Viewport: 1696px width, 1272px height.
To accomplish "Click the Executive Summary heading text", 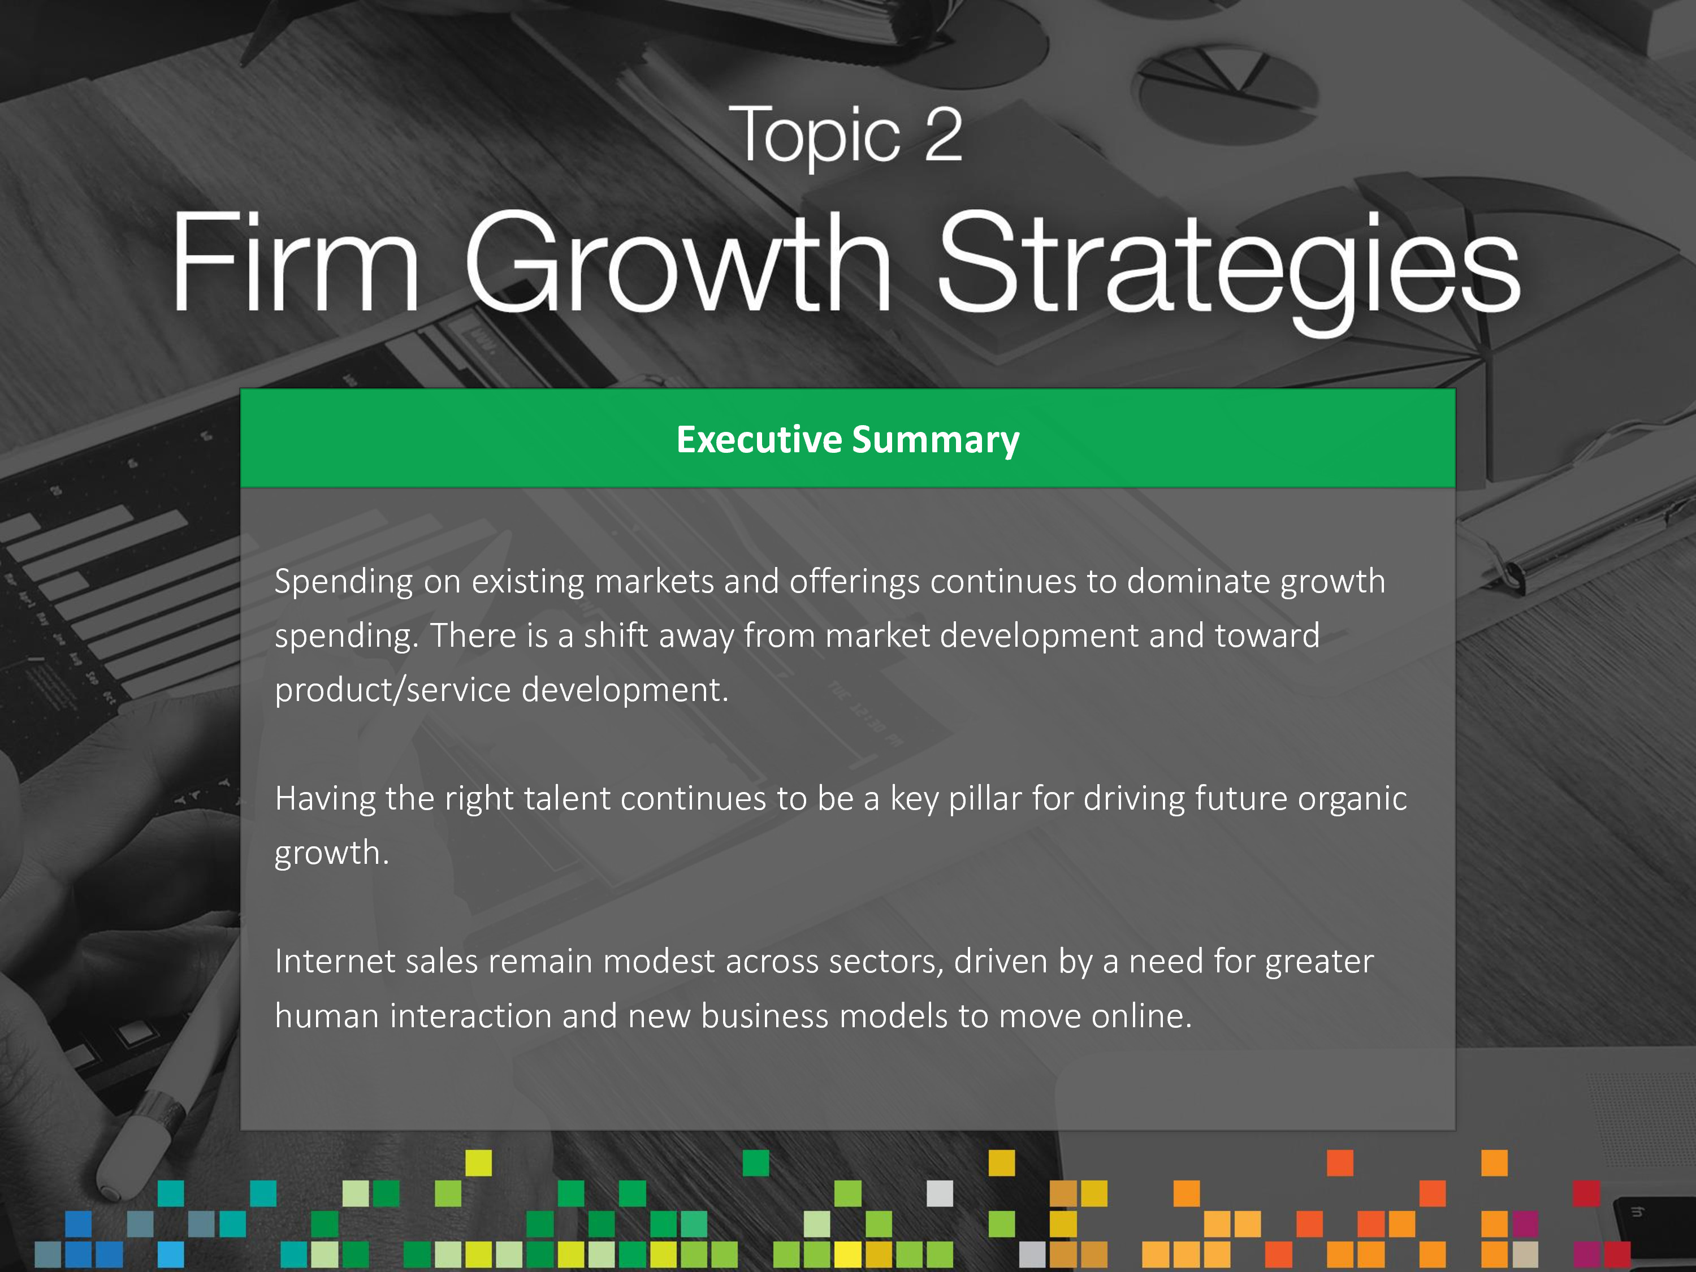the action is (x=848, y=439).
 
